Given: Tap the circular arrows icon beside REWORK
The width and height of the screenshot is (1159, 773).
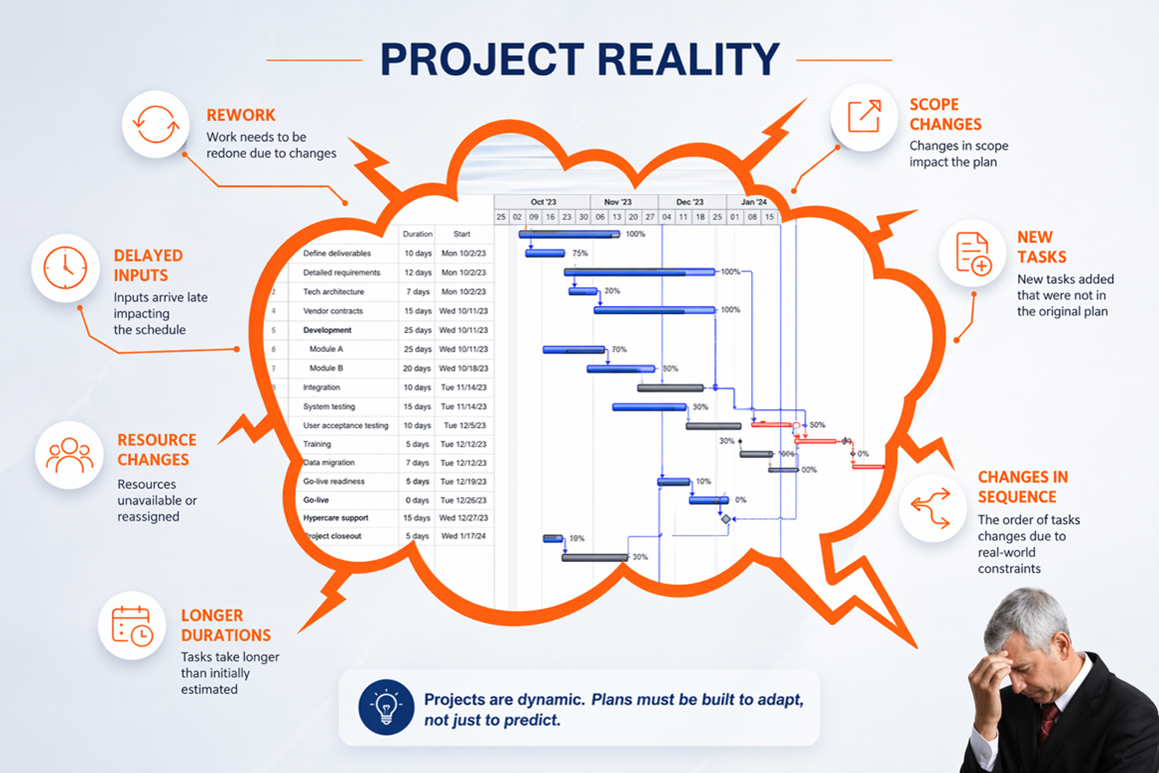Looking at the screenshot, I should pyautogui.click(x=156, y=125).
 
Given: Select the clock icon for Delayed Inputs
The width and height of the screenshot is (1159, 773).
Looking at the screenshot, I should pyautogui.click(x=65, y=267).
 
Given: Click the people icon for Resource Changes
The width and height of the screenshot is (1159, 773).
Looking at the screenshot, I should pyautogui.click(x=69, y=455).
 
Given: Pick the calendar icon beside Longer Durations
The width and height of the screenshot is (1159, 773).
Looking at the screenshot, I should pyautogui.click(x=131, y=625).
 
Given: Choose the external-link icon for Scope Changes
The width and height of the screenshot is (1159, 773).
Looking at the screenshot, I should pyautogui.click(x=864, y=117).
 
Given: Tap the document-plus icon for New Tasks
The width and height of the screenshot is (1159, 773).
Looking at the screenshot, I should pyautogui.click(x=972, y=253).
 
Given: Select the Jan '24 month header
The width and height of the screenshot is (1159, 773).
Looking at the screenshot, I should pyautogui.click(x=754, y=202).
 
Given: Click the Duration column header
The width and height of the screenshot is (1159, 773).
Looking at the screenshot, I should pyautogui.click(x=417, y=235).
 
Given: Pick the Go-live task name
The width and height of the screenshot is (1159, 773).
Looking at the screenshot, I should pyautogui.click(x=317, y=500).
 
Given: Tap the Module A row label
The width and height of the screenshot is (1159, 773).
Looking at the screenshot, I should pyautogui.click(x=326, y=349).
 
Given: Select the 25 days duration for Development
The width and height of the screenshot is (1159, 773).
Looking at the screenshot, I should pyautogui.click(x=417, y=330).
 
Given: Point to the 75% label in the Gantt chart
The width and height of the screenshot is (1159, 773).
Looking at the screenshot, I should pyautogui.click(x=579, y=254).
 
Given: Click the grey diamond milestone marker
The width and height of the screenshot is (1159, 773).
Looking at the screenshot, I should pyautogui.click(x=726, y=519).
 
